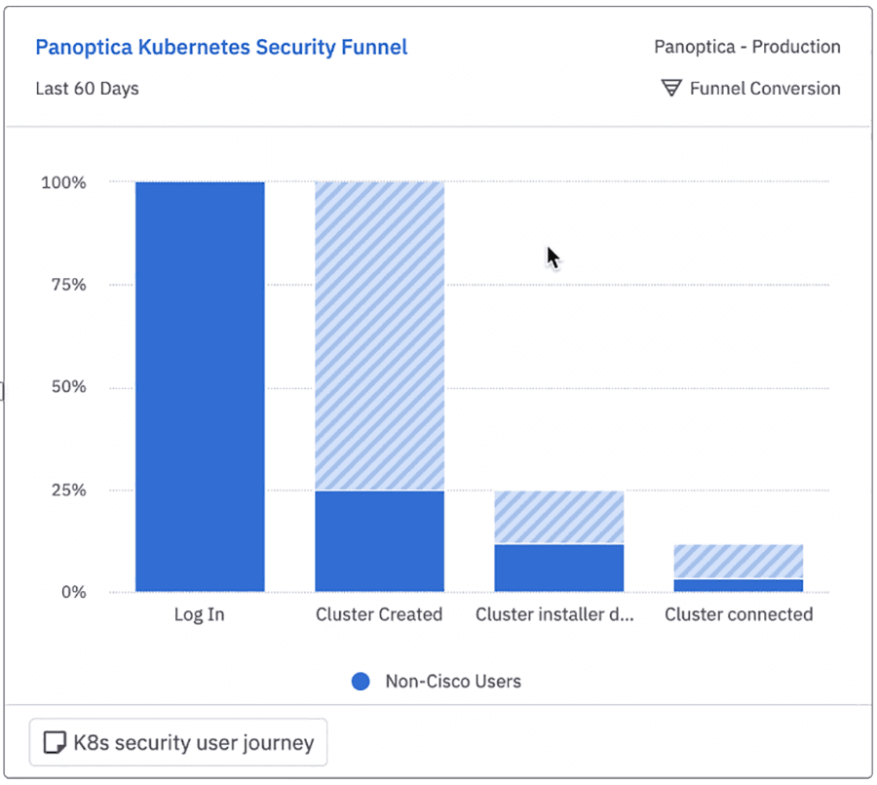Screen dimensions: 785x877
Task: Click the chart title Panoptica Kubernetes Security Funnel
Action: [x=221, y=47]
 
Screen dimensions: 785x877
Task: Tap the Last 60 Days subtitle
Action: [x=87, y=89]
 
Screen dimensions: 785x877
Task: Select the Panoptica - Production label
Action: [x=746, y=47]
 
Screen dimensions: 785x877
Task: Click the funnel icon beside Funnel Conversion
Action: [x=671, y=89]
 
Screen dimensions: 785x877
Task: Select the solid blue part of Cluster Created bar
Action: [x=379, y=541]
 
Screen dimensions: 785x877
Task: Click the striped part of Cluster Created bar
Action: [x=379, y=335]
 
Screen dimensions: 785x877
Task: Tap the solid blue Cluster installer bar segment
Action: [x=558, y=568]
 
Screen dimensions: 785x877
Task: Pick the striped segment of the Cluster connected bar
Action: [x=738, y=562]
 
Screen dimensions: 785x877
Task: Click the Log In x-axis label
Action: [x=200, y=614]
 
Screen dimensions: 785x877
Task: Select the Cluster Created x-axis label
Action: [x=379, y=614]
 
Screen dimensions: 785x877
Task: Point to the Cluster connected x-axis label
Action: [x=738, y=614]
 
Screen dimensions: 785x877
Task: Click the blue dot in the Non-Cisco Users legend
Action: [x=361, y=682]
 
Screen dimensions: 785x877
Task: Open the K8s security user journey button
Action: [x=178, y=744]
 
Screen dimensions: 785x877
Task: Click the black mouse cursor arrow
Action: [x=552, y=256]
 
